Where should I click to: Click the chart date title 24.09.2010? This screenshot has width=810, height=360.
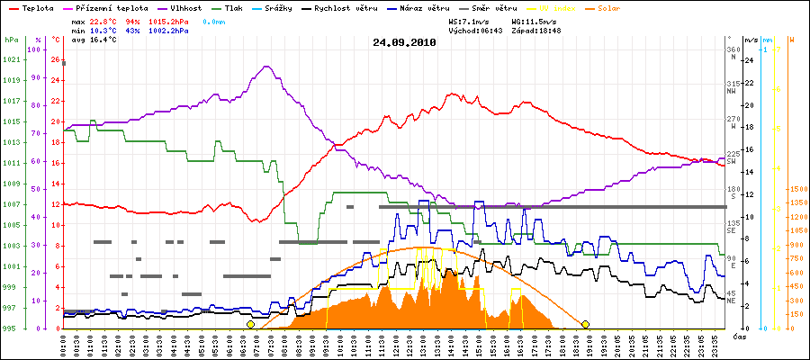404,42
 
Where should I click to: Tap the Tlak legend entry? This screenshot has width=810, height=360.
237,7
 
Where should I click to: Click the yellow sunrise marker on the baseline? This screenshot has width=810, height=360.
251,324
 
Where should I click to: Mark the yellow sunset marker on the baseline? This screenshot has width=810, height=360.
585,324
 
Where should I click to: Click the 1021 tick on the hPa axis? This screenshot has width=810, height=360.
11,60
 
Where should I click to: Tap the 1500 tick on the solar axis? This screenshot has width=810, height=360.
796,190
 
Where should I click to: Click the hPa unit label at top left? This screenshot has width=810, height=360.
11,40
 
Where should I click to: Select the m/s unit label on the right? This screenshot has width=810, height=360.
751,40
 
